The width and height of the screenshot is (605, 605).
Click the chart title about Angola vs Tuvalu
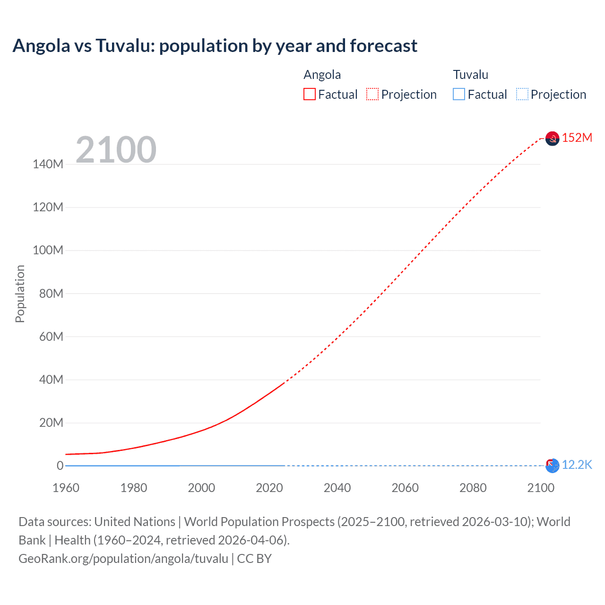click(x=215, y=46)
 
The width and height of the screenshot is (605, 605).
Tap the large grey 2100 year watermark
click(x=116, y=150)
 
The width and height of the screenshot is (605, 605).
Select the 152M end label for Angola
click(x=577, y=138)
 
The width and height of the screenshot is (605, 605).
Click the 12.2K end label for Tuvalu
click(x=577, y=465)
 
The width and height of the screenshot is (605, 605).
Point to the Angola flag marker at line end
click(x=552, y=138)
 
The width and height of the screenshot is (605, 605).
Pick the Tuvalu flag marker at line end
click(x=552, y=466)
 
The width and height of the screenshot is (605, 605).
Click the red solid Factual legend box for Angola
click(x=310, y=95)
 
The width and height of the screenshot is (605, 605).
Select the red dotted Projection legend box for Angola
click(x=372, y=95)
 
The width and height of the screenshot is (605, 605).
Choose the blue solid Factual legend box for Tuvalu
click(x=459, y=95)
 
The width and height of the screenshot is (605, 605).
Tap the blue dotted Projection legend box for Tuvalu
click(x=522, y=95)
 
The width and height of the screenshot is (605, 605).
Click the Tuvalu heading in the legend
click(x=470, y=75)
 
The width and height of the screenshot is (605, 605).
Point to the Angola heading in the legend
click(x=322, y=75)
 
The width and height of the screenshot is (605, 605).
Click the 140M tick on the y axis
click(x=48, y=164)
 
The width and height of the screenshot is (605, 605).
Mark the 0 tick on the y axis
click(x=60, y=466)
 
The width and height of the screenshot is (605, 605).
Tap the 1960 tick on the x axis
click(x=66, y=488)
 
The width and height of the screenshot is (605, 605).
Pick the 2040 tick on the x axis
click(x=337, y=488)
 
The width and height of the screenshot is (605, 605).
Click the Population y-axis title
click(x=20, y=294)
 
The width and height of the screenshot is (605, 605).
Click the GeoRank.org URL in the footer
click(x=123, y=559)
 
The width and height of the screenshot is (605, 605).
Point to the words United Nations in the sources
click(x=135, y=522)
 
